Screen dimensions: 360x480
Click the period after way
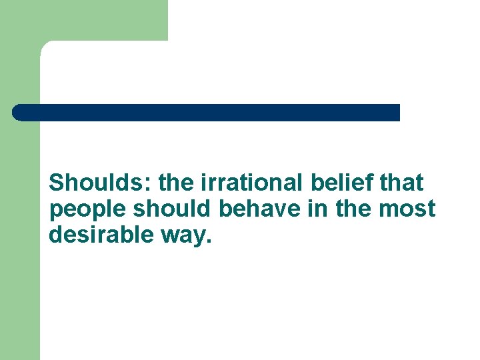click(x=208, y=242)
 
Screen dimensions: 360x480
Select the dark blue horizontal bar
click(x=207, y=112)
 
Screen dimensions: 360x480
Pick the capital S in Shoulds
click(x=57, y=182)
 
